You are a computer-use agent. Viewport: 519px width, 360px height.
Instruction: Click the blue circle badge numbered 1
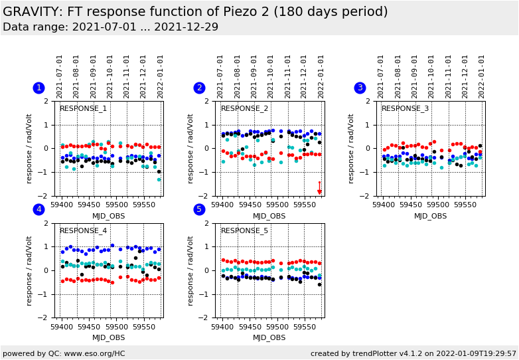38,88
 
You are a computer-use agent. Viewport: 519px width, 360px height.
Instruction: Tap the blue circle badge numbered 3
360,88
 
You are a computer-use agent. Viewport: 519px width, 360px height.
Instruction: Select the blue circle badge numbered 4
38,210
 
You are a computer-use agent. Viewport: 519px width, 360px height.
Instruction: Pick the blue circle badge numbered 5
199,210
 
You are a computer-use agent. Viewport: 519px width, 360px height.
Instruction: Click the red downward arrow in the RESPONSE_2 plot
319,188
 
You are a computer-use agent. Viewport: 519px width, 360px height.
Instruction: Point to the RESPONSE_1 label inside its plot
83,109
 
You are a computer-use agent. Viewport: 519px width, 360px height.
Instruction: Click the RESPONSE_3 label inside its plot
405,109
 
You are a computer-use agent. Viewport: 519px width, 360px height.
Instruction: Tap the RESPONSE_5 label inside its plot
244,231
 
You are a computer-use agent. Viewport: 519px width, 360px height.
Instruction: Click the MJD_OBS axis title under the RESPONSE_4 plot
108,337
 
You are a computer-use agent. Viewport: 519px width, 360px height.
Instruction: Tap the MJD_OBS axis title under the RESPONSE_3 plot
430,216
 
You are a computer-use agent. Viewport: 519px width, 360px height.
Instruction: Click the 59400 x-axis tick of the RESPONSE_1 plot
62,205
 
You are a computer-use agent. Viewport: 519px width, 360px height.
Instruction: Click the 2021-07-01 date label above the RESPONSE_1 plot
60,76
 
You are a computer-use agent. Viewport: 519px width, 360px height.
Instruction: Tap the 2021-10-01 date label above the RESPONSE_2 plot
271,76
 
